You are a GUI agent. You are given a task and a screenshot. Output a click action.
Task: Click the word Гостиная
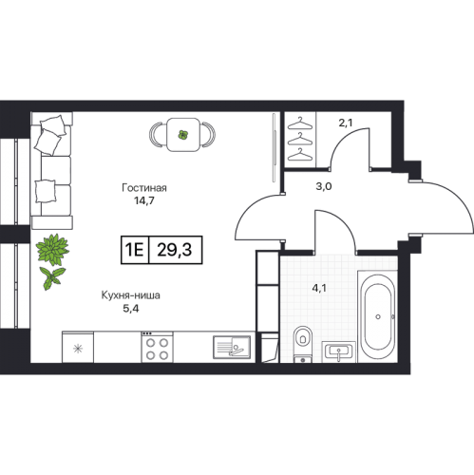(x=144, y=188)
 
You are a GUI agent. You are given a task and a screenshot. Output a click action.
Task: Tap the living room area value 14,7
(x=144, y=200)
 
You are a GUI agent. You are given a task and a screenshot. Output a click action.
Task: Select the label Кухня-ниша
(x=130, y=295)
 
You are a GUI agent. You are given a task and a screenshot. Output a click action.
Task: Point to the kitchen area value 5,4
(x=131, y=309)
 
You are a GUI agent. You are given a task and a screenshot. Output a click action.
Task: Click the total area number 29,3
(x=175, y=250)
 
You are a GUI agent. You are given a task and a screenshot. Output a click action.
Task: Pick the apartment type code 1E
(x=135, y=250)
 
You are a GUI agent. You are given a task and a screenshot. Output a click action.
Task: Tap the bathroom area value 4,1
(x=319, y=288)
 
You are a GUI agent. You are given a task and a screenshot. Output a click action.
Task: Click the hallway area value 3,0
(x=324, y=186)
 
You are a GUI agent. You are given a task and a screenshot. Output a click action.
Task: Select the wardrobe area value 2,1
(x=346, y=123)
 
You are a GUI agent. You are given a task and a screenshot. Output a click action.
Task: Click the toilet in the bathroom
(x=303, y=344)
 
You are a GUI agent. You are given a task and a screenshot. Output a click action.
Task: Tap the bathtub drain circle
(x=378, y=316)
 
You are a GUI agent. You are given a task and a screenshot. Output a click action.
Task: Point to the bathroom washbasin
(x=338, y=352)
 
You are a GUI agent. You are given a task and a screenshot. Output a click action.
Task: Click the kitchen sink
(x=232, y=347)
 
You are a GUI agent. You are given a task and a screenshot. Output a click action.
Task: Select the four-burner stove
(x=157, y=347)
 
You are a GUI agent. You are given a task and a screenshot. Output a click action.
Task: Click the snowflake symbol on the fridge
(x=78, y=349)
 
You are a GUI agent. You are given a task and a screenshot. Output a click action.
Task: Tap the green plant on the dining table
(x=182, y=135)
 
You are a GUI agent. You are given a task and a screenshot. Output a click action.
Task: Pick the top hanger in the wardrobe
(x=300, y=123)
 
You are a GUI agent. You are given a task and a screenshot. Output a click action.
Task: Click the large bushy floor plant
(x=52, y=249)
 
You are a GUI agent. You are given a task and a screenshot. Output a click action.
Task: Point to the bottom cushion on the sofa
(x=46, y=191)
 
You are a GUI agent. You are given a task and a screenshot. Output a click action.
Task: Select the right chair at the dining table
(x=208, y=135)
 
